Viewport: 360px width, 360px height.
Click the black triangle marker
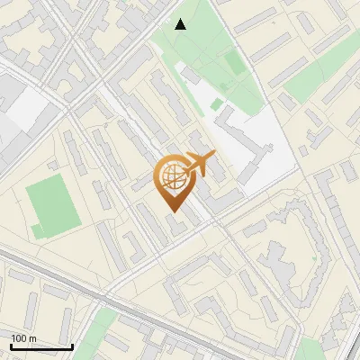point(181,24)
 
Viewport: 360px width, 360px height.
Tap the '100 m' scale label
point(24,338)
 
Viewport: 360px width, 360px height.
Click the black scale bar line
point(41,346)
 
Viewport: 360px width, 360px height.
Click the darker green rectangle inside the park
point(234,63)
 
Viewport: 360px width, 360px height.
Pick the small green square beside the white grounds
point(217,105)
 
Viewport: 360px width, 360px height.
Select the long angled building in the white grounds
point(245,144)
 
